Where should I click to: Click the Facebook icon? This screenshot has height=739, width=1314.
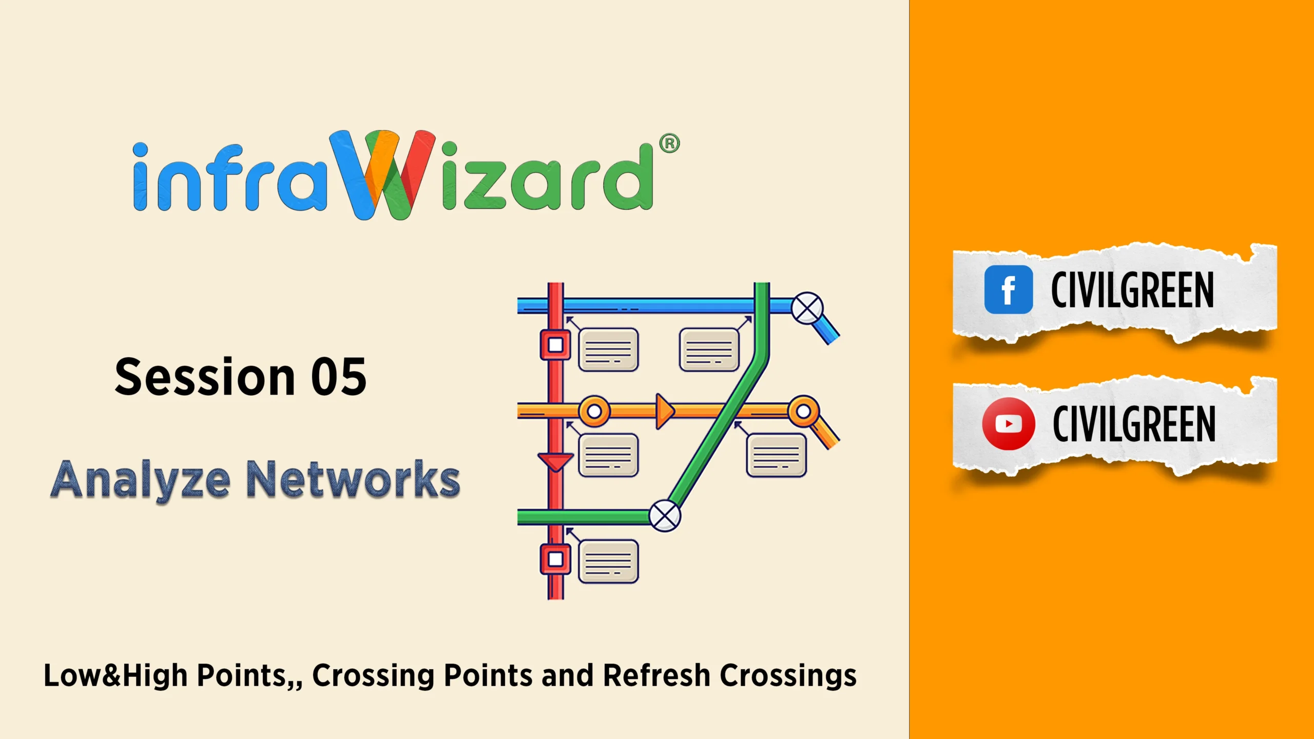pyautogui.click(x=1008, y=289)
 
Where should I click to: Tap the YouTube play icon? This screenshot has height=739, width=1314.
pyautogui.click(x=1008, y=424)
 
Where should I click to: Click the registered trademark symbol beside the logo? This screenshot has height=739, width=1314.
pyautogui.click(x=669, y=144)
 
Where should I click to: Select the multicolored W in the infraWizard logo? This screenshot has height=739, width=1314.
pyautogui.click(x=382, y=174)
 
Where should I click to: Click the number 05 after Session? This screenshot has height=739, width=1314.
pyautogui.click(x=339, y=377)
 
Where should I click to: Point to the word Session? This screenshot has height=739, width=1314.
pyautogui.click(x=205, y=377)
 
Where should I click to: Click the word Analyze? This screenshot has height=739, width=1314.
pyautogui.click(x=141, y=480)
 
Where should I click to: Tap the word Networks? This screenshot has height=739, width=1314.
pyautogui.click(x=353, y=479)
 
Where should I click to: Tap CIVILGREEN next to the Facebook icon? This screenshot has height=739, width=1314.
pyautogui.click(x=1132, y=290)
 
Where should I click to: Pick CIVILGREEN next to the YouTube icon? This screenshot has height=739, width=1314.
pyautogui.click(x=1134, y=424)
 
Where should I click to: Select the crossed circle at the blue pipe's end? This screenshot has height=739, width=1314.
pyautogui.click(x=807, y=308)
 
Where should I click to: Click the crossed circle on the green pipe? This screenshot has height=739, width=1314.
pyautogui.click(x=665, y=516)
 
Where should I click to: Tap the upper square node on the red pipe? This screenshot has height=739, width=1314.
pyautogui.click(x=555, y=345)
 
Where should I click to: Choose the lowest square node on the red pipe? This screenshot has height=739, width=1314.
pyautogui.click(x=555, y=559)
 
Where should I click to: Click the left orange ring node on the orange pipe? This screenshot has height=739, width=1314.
pyautogui.click(x=594, y=411)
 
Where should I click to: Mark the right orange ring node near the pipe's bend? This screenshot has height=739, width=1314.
pyautogui.click(x=804, y=411)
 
